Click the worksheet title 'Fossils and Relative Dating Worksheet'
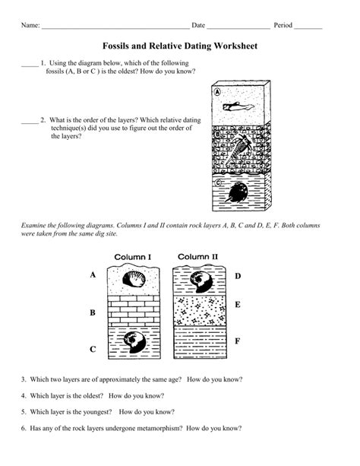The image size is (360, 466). click(180, 46)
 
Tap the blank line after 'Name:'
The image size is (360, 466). click(115, 29)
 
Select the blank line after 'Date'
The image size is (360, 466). click(238, 29)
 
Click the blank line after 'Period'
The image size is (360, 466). click(308, 29)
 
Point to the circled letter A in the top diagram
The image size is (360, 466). click(218, 92)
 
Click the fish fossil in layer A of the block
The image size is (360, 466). click(238, 106)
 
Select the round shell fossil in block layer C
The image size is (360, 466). click(237, 192)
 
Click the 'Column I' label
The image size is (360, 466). click(133, 257)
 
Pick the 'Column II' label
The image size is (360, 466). click(197, 257)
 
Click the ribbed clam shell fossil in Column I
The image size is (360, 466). click(134, 279)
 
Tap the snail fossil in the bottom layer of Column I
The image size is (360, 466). click(134, 342)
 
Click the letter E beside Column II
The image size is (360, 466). click(238, 305)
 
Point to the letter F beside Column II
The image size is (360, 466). click(237, 341)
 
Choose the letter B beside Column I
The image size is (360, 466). click(93, 312)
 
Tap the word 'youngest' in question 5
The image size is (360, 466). click(99, 412)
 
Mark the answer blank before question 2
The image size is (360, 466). click(30, 122)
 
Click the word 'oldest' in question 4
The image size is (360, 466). click(93, 396)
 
